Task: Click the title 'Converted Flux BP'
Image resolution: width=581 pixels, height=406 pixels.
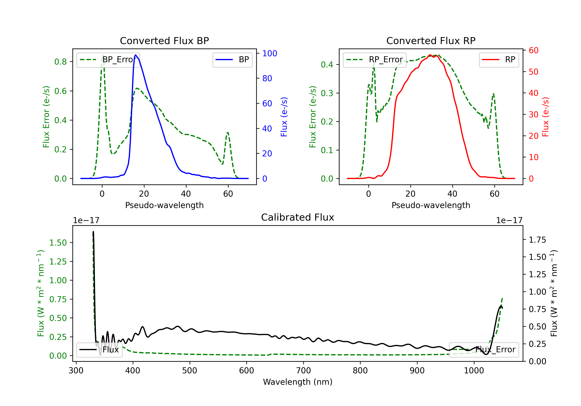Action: pos(164,41)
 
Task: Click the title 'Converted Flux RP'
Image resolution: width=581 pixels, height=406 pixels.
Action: pos(431,41)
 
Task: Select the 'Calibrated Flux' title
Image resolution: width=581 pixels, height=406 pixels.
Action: pos(298,217)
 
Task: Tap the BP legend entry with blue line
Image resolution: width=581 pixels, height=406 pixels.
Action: pos(232,60)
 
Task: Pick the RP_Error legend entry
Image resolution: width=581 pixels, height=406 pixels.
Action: pos(375,60)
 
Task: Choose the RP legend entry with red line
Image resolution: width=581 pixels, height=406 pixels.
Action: pos(499,60)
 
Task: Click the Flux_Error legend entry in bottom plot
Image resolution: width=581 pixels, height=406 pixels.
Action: pos(484,350)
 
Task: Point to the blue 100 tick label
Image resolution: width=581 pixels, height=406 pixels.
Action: pos(270,53)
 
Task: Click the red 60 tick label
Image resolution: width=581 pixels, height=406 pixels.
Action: pos(534,50)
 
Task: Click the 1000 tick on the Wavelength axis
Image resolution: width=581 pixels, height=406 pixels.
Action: pos(474,370)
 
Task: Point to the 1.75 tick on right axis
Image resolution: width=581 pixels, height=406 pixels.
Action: pos(537,240)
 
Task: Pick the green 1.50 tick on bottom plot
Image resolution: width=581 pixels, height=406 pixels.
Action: pos(58,243)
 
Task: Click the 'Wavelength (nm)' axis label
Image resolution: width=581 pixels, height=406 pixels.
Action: pos(298,382)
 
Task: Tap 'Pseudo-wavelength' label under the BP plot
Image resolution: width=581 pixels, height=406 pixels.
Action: pos(164,205)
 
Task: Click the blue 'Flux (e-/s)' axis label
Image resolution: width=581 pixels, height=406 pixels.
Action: pos(284,117)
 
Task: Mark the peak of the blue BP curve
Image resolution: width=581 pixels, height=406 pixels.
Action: pos(136,55)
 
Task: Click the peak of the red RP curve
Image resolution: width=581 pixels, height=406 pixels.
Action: pos(430,55)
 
